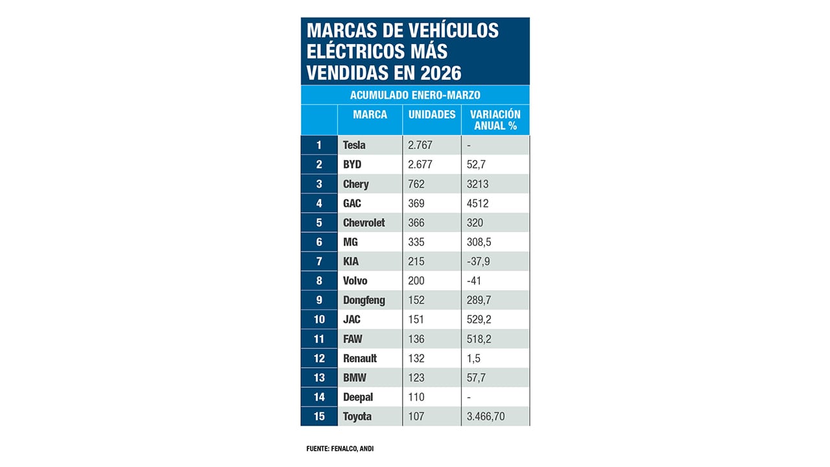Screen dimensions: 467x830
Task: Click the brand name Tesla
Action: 354,145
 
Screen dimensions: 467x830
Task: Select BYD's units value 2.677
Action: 420,165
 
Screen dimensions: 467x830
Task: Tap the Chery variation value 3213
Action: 477,184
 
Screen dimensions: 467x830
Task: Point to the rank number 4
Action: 318,203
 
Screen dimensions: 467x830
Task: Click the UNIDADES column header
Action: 432,115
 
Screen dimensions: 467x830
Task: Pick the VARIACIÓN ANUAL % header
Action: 495,120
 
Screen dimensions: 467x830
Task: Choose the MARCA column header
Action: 370,115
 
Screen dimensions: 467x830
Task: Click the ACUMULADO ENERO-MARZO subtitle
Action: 415,95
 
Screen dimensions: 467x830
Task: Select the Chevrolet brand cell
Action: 364,222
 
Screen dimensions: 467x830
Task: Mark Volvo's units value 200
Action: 416,281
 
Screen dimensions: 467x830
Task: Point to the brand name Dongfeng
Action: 364,300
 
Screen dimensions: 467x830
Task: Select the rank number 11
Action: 318,339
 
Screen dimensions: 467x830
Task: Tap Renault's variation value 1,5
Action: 474,358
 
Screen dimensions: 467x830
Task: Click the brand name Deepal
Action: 358,397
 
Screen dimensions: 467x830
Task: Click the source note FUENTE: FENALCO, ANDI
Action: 340,448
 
